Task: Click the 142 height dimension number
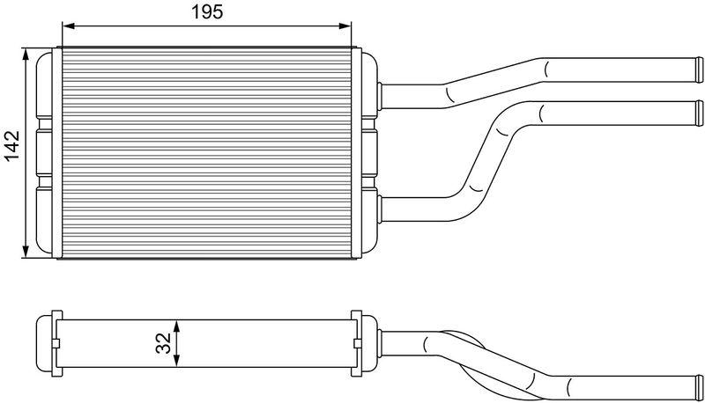click(x=11, y=147)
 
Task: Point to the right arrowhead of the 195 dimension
click(x=349, y=25)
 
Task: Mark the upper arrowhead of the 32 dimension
click(x=178, y=324)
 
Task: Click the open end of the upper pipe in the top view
click(x=699, y=68)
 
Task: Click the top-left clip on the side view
click(x=56, y=317)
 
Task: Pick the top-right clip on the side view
click(x=357, y=317)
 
